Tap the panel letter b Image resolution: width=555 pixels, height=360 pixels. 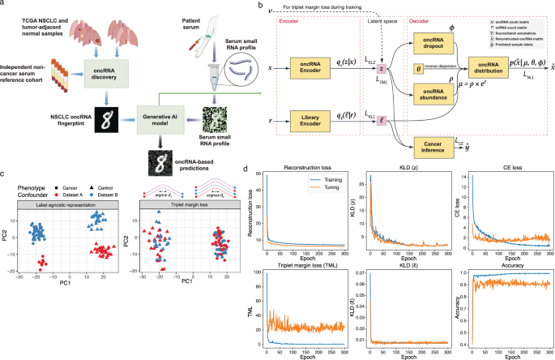[x=259, y=6]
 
